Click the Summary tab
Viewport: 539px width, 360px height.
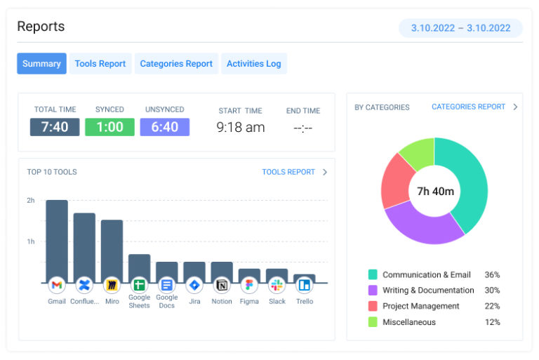coord(41,64)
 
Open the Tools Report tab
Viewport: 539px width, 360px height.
coord(100,64)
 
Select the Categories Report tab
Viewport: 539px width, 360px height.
coord(176,64)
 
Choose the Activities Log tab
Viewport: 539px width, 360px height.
coord(253,64)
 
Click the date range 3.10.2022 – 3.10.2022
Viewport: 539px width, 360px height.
coord(460,28)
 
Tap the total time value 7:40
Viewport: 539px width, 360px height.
coord(55,127)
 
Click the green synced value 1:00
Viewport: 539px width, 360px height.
coord(109,127)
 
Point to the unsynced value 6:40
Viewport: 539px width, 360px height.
coord(164,127)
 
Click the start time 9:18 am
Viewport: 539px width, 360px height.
coord(240,128)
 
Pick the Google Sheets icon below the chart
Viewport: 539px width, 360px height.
coord(139,286)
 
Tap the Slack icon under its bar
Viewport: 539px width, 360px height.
coord(277,286)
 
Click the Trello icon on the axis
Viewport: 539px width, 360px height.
coord(304,286)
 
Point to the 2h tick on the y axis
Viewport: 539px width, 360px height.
coord(31,201)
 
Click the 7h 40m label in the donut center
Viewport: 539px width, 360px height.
coord(435,191)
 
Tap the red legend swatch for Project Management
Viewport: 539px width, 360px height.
coord(372,306)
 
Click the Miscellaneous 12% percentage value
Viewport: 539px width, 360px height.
coord(492,322)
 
